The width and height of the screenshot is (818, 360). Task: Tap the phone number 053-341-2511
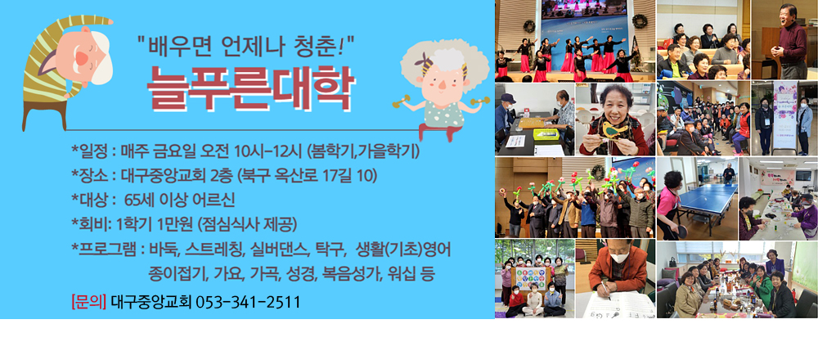[247, 302]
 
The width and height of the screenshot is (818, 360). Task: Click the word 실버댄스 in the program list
[281, 250]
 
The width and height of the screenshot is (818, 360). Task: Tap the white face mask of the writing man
[618, 257]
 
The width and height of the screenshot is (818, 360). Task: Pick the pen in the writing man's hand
[605, 290]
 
